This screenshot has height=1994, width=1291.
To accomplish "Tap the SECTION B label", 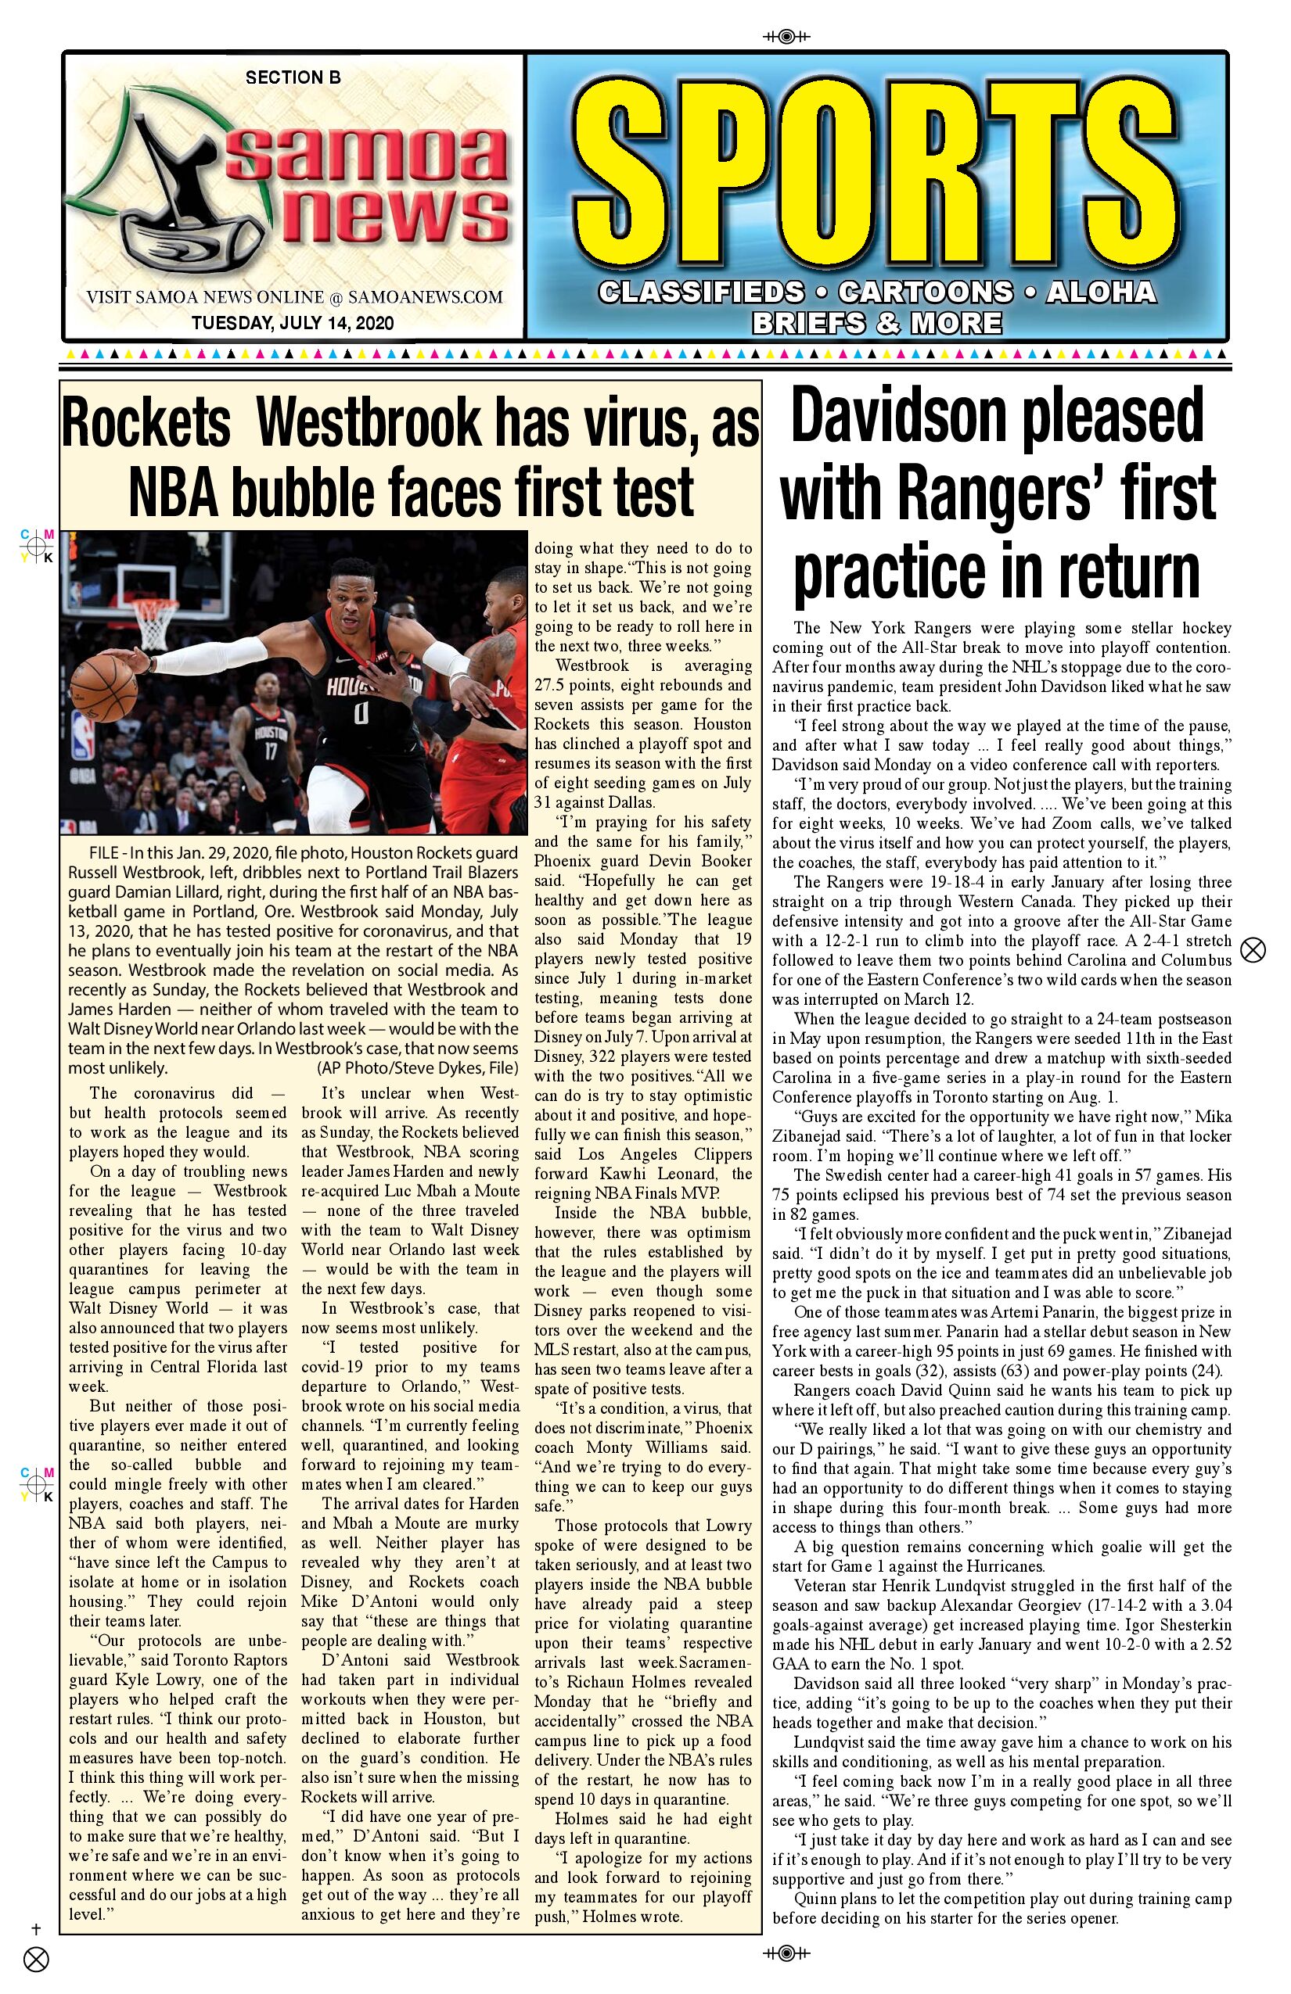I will click(x=293, y=78).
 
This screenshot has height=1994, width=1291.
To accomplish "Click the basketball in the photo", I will click(x=103, y=689).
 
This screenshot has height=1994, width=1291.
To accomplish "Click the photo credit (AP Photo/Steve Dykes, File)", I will click(x=418, y=1068).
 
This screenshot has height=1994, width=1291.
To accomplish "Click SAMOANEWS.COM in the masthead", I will click(x=425, y=296).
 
